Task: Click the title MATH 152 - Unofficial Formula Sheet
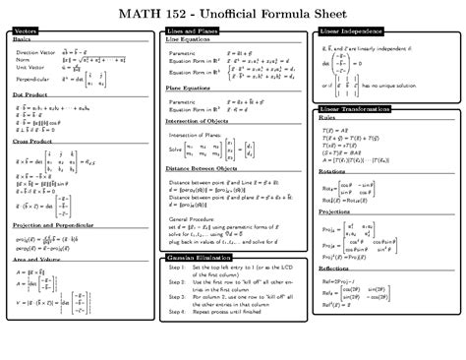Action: click(x=232, y=14)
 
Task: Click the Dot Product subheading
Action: click(x=30, y=95)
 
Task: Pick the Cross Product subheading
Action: click(x=33, y=140)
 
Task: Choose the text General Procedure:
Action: click(x=195, y=190)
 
